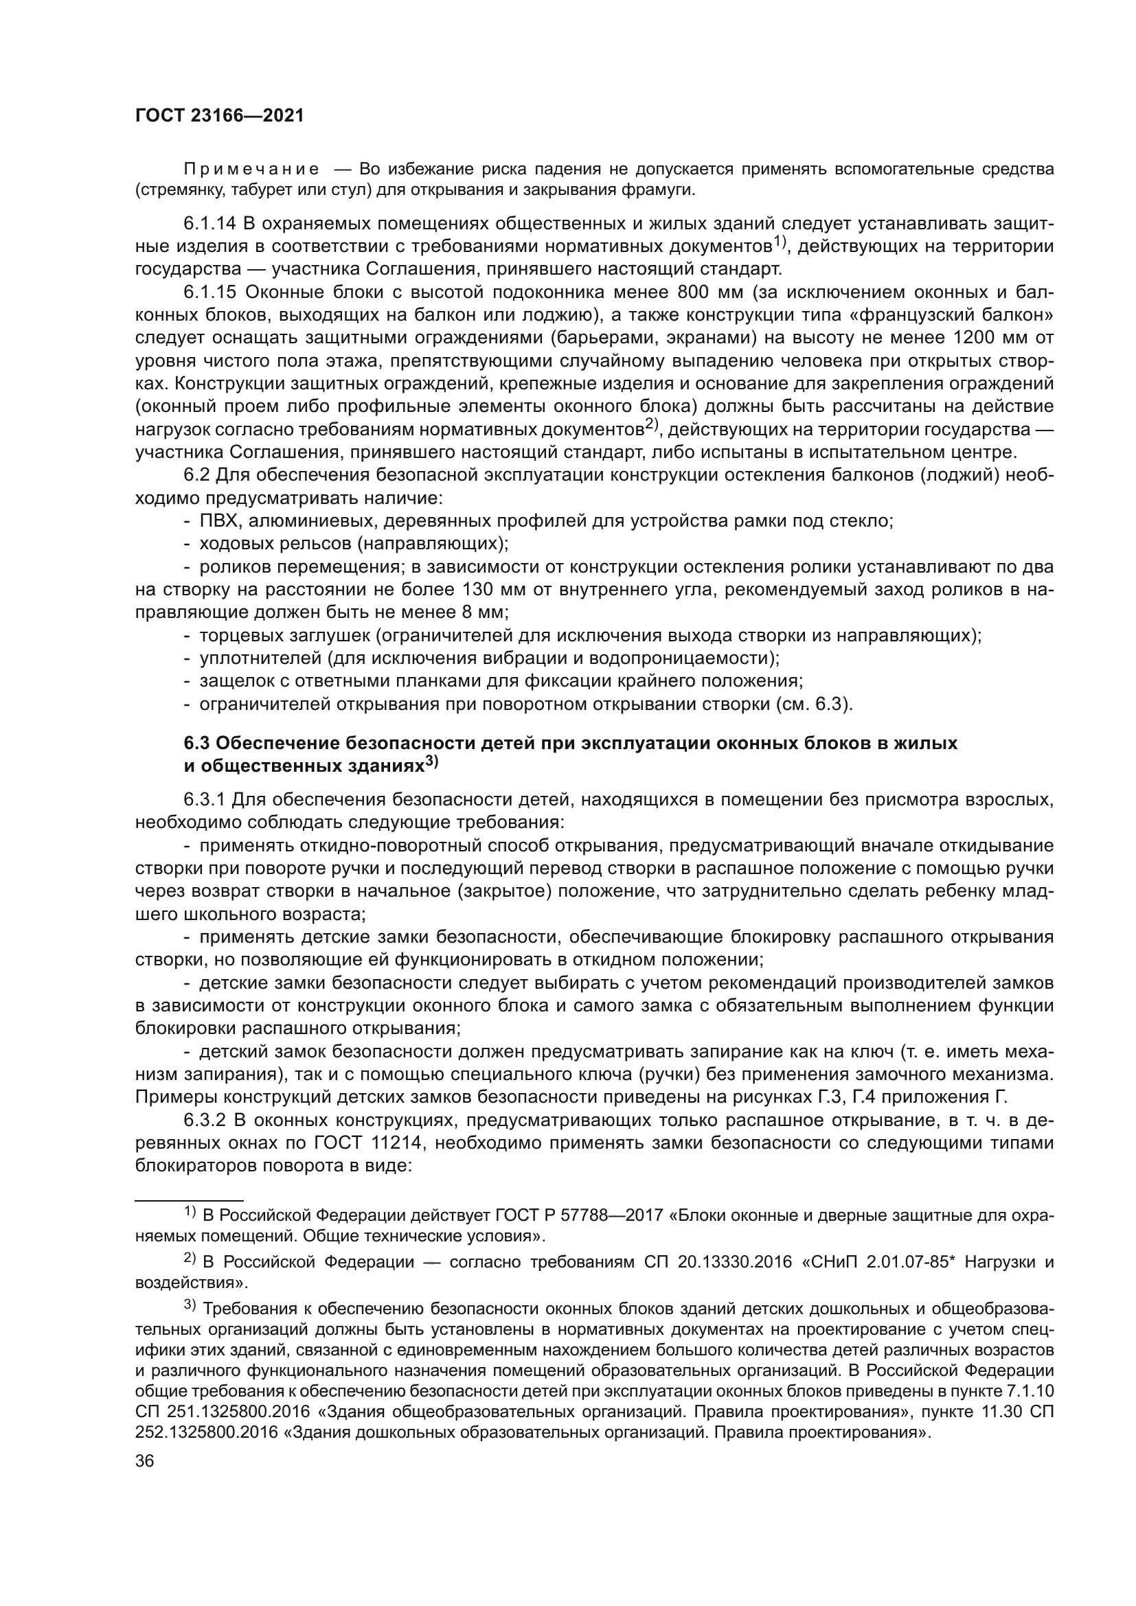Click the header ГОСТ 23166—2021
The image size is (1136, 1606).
219,116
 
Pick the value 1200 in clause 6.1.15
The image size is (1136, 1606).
978,338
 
